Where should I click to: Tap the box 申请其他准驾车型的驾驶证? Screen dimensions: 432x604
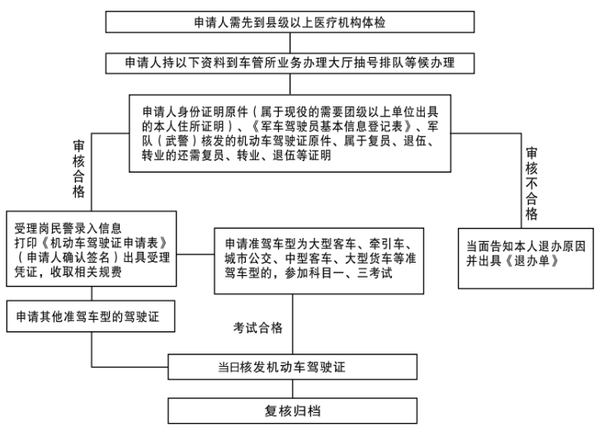pos(91,316)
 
